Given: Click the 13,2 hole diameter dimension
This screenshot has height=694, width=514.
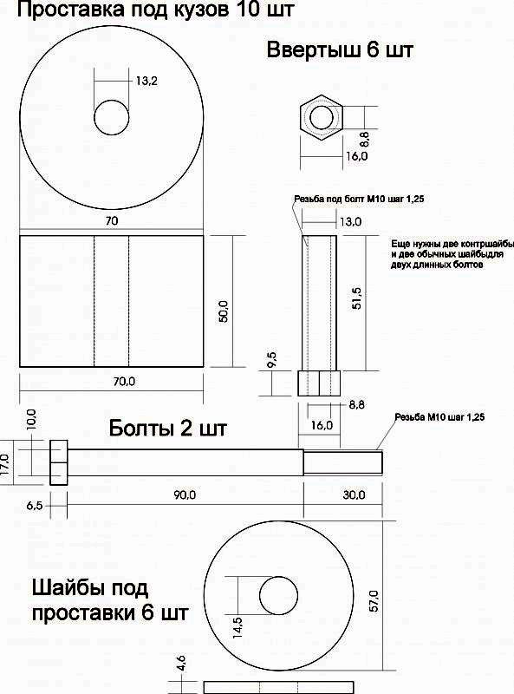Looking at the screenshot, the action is pyautogui.click(x=146, y=81).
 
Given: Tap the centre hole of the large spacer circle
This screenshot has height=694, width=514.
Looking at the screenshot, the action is pyautogui.click(x=112, y=117).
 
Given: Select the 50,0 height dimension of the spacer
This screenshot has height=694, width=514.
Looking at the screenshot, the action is pyautogui.click(x=224, y=311).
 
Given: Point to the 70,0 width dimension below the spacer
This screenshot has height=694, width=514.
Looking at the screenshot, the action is pyautogui.click(x=124, y=381).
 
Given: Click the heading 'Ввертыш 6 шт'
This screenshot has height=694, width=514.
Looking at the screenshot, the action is pyautogui.click(x=339, y=49).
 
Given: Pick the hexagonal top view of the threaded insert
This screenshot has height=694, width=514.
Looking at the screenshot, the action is pyautogui.click(x=322, y=117).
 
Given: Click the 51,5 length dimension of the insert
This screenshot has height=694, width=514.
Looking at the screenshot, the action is pyautogui.click(x=356, y=298).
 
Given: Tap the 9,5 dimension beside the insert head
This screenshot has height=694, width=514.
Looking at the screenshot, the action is pyautogui.click(x=272, y=359).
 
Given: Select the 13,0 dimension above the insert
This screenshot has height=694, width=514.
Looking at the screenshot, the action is pyautogui.click(x=351, y=221).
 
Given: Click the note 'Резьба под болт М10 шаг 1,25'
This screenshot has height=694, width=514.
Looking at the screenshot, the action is pyautogui.click(x=359, y=200).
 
